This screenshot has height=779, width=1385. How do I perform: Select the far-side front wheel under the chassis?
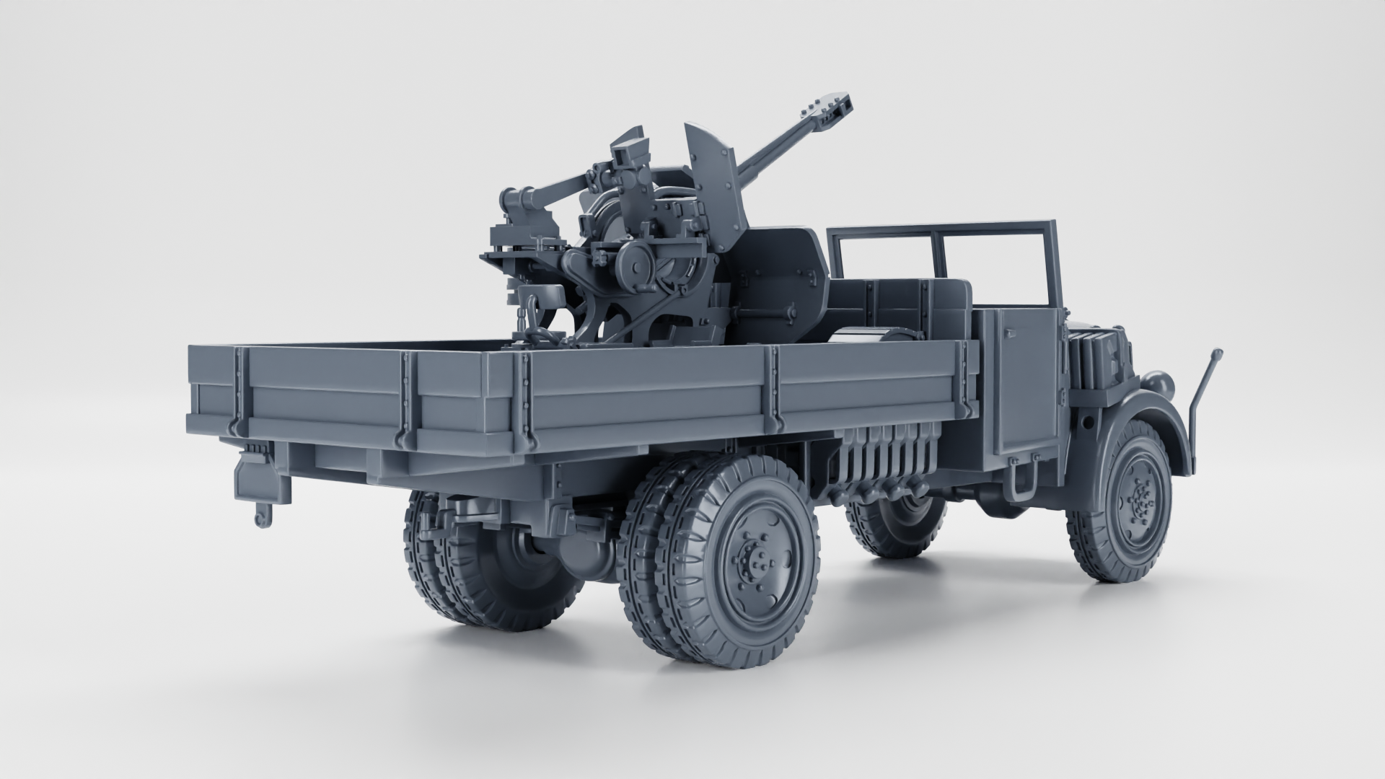(x=898, y=523)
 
